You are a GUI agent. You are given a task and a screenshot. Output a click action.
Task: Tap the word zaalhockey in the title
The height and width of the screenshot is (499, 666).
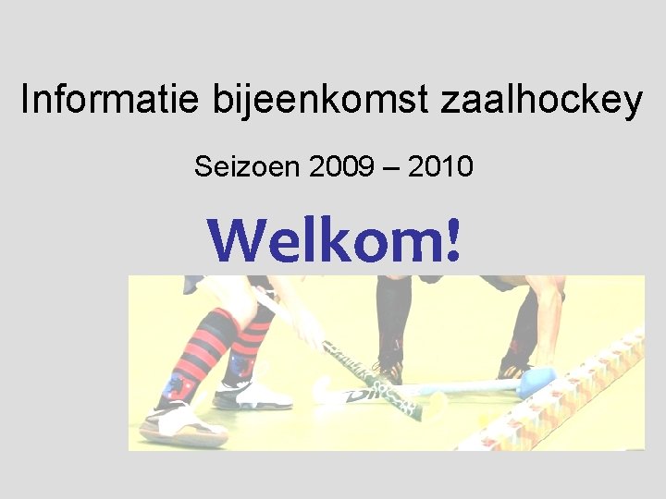(541, 100)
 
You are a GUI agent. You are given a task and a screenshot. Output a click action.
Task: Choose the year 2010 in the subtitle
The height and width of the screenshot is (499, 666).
(441, 167)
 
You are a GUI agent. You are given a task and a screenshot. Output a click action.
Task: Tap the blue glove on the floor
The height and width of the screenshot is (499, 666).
(536, 380)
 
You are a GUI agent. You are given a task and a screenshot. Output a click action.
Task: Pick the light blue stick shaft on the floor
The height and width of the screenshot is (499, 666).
(462, 388)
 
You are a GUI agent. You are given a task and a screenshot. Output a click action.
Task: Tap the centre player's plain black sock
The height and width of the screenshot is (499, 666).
(393, 319)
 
